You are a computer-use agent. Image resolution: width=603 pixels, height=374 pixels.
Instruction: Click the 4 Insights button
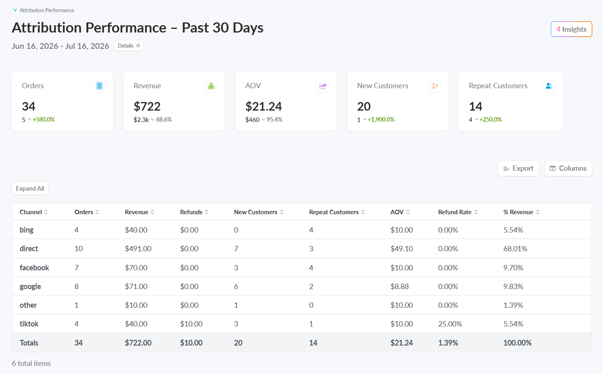(x=571, y=29)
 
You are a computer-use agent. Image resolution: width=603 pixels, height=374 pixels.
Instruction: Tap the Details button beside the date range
(x=129, y=46)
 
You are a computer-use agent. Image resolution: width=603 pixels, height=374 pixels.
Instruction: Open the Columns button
(x=568, y=168)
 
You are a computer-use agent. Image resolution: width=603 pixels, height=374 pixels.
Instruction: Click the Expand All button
(x=30, y=189)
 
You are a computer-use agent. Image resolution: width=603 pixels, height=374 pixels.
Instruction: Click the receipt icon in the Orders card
(x=99, y=86)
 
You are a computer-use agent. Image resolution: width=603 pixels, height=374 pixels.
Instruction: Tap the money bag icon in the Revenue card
(x=211, y=86)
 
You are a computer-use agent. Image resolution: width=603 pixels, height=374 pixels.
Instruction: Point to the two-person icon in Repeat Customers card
(x=549, y=86)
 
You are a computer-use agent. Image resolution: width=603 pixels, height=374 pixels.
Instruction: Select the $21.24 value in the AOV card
(x=264, y=107)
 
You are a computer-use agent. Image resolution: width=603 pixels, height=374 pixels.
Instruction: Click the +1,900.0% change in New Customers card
(x=381, y=120)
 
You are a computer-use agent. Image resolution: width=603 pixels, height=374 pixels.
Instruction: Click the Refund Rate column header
(x=455, y=212)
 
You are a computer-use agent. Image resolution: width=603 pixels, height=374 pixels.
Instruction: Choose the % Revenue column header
(x=518, y=212)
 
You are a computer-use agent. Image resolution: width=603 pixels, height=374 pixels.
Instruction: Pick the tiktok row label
(x=29, y=324)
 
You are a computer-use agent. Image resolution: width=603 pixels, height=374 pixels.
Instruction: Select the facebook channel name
(x=34, y=267)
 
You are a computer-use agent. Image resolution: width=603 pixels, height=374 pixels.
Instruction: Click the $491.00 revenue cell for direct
(x=138, y=248)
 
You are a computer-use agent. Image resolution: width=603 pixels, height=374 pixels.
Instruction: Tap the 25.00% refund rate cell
(x=450, y=324)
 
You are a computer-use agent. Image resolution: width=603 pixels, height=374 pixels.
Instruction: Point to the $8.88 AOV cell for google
(x=399, y=286)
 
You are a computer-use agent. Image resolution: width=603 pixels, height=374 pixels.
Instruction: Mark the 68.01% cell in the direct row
(x=515, y=248)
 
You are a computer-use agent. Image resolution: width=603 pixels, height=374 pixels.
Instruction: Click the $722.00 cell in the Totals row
(x=138, y=343)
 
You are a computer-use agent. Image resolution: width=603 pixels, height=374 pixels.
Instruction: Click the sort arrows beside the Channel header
(x=46, y=212)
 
